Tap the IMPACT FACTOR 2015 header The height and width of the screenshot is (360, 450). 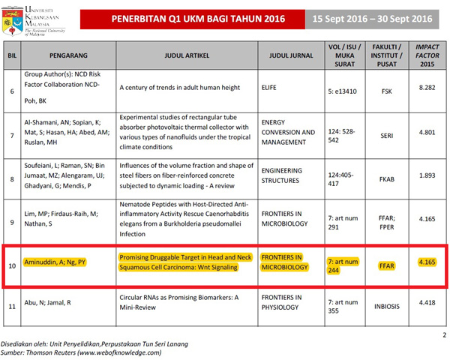click(x=427, y=55)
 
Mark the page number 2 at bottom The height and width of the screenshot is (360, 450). click(x=443, y=334)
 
